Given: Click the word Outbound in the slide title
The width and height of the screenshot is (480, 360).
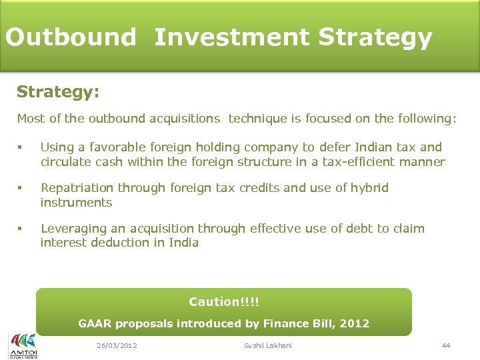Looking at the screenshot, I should click(x=71, y=37).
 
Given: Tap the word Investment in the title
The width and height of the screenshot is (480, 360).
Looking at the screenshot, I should click(x=231, y=37).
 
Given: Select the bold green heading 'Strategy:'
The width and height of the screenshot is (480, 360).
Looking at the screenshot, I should click(x=58, y=91).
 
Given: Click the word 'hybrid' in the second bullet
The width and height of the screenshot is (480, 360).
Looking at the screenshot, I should click(x=369, y=188).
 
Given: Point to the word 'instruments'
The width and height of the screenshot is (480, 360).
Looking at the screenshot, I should click(x=76, y=202).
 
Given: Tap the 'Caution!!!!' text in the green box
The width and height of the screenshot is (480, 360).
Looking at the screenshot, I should click(x=224, y=302).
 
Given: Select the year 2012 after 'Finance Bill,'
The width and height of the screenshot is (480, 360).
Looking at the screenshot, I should click(x=354, y=324).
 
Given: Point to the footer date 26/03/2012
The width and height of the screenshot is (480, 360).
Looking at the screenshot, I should click(x=117, y=345).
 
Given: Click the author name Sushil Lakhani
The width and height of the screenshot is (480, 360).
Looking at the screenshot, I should click(x=267, y=345).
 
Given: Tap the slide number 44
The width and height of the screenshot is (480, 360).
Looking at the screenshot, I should click(x=446, y=345).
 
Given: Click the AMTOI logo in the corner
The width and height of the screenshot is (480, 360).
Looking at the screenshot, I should click(x=23, y=345).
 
